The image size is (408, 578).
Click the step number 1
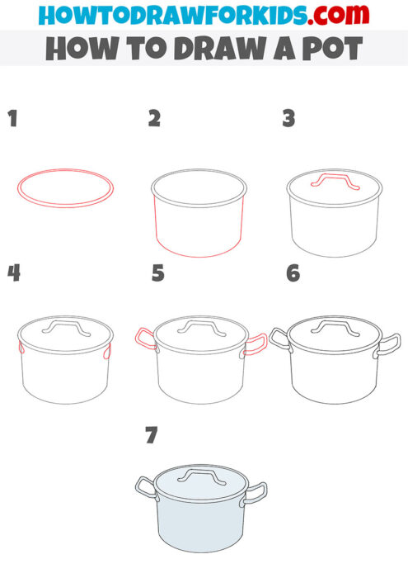click(12, 119)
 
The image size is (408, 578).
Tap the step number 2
click(154, 119)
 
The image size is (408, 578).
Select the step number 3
click(288, 119)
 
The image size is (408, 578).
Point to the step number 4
click(13, 273)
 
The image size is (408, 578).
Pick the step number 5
click(158, 273)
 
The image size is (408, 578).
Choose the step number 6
click(293, 273)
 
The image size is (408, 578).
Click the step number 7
click(151, 436)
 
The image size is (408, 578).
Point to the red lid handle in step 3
click(334, 181)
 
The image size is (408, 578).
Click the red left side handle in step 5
click(143, 339)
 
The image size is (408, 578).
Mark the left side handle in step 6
click(279, 337)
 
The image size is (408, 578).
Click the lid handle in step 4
click(63, 328)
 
